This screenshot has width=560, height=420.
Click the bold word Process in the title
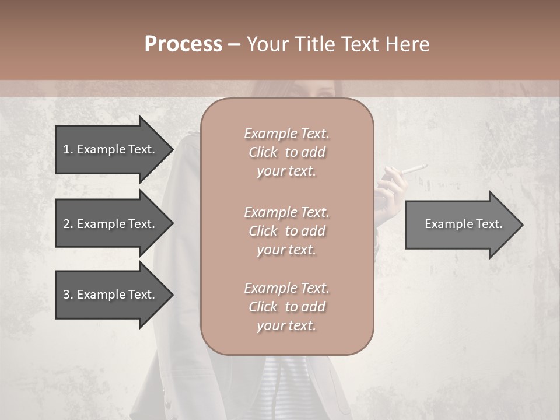pyautogui.click(x=183, y=44)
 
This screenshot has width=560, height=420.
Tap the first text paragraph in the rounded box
pyautogui.click(x=286, y=152)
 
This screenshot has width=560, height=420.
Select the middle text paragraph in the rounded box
pyautogui.click(x=286, y=231)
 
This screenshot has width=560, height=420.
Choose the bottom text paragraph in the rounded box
pyautogui.click(x=286, y=307)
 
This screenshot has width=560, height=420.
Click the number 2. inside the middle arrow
pyautogui.click(x=68, y=224)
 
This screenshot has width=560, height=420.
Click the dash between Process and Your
pyautogui.click(x=234, y=44)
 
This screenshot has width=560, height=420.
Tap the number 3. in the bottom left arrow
pyautogui.click(x=68, y=295)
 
